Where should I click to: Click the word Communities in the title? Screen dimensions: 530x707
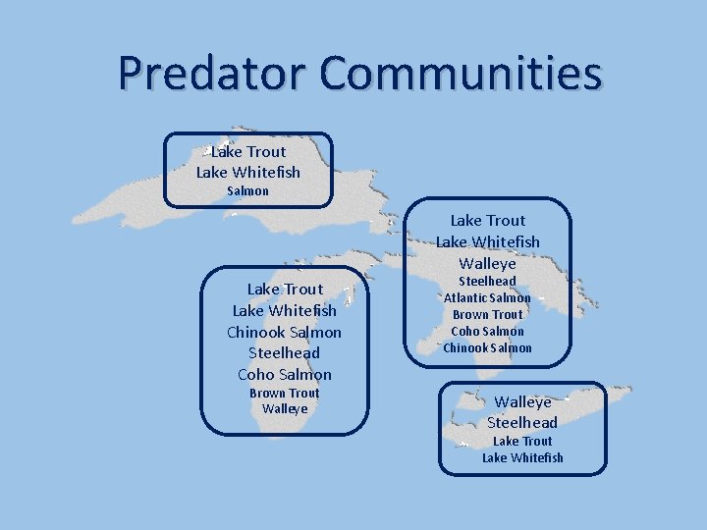[461, 73]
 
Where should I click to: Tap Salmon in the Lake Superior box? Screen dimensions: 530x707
[247, 190]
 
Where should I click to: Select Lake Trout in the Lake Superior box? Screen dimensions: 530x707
[248, 151]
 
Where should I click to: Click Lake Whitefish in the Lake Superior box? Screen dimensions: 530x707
[248, 172]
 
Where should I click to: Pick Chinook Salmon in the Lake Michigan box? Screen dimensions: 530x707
[285, 332]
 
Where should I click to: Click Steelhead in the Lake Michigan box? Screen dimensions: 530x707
[285, 352]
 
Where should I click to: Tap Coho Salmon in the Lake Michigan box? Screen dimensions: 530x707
[285, 374]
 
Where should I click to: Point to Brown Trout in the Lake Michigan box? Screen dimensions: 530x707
[285, 393]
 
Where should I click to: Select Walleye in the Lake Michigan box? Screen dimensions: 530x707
[285, 408]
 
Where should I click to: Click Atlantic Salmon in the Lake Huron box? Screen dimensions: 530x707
[487, 297]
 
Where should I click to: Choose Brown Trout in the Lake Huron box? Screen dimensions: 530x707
[487, 314]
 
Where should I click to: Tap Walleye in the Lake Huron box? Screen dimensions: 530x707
[487, 263]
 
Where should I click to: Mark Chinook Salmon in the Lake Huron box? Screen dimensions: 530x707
[487, 347]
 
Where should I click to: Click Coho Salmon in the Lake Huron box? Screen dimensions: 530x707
[487, 331]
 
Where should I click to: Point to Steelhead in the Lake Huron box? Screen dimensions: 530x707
[487, 281]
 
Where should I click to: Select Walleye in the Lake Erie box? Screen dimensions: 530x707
[522, 401]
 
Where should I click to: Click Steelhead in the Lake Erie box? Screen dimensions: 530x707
[522, 422]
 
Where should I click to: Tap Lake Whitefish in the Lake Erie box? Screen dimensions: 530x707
[522, 457]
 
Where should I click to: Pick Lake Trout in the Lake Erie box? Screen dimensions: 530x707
[522, 441]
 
